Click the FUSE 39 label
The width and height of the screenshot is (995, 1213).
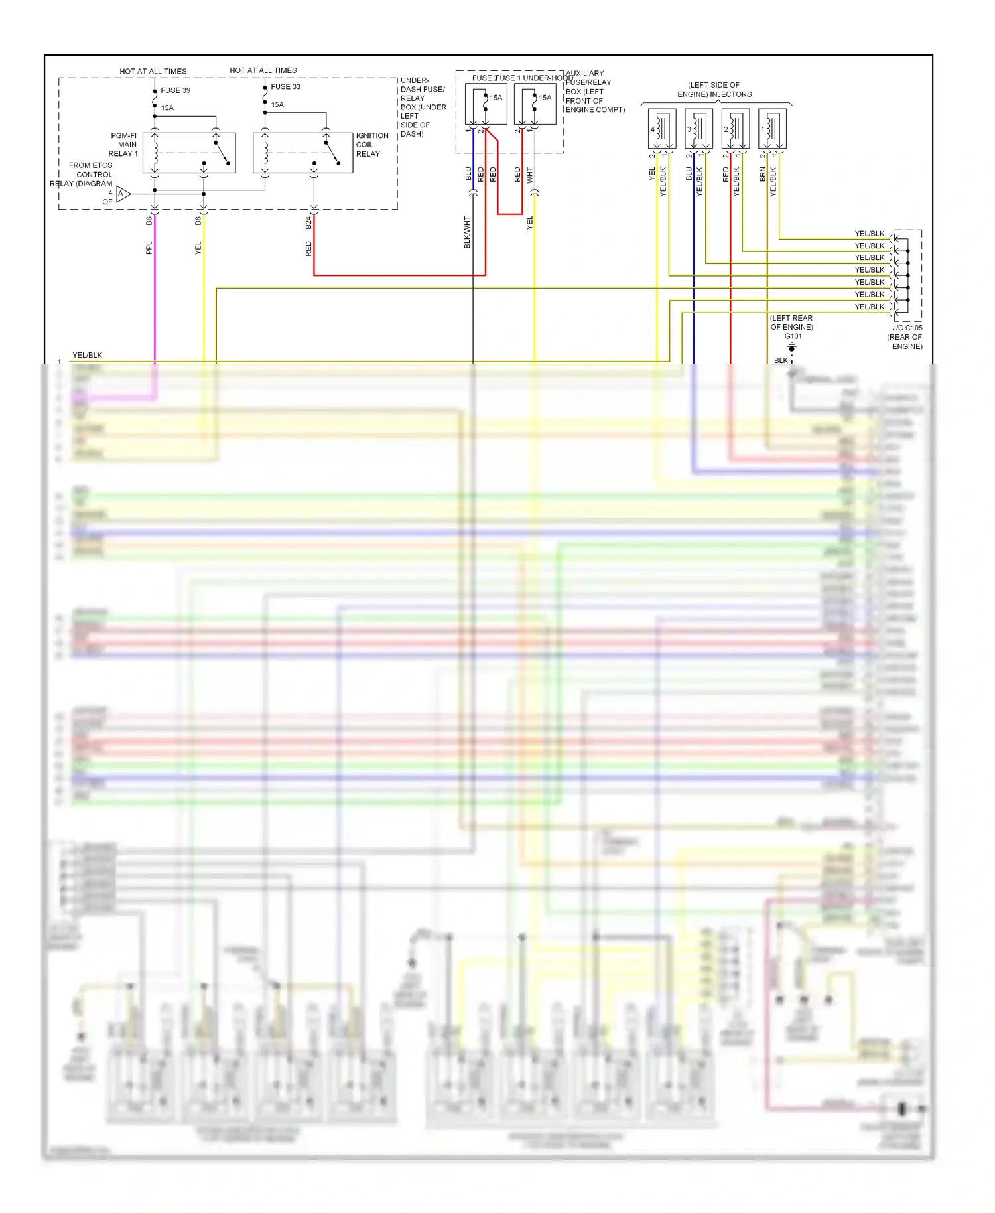(175, 90)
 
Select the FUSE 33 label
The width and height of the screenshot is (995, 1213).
(285, 86)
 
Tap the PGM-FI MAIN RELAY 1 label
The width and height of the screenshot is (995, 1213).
(123, 145)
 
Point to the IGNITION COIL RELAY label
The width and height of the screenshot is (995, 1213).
(371, 145)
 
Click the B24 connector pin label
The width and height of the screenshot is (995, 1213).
(308, 223)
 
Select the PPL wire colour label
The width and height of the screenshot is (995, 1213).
(149, 248)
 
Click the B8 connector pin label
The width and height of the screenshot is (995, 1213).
(198, 221)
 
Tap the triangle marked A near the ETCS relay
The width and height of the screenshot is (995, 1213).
(122, 194)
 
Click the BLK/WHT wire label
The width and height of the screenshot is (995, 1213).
(467, 232)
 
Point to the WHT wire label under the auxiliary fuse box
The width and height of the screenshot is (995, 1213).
(529, 175)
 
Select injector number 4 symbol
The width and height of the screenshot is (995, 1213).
(661, 129)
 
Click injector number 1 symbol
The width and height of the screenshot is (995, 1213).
(772, 129)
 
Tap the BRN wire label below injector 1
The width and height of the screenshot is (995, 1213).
(763, 175)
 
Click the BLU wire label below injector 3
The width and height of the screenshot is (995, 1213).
(689, 174)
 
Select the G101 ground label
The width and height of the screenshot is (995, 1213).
(793, 336)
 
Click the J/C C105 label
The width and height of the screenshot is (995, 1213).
(907, 328)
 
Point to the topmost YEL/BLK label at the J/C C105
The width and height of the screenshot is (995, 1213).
(869, 234)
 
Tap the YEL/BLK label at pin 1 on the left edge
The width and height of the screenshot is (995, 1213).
(87, 355)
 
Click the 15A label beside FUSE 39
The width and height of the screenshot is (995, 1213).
(167, 107)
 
